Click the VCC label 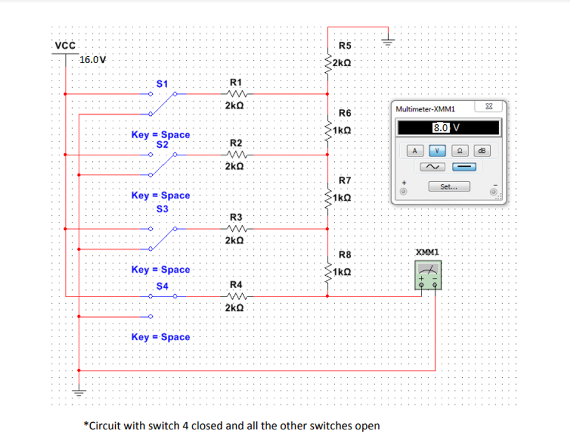pos(65,45)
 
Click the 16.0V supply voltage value pos(93,60)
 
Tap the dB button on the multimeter pos(482,150)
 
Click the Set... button pos(448,187)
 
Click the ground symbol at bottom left pos(79,392)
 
